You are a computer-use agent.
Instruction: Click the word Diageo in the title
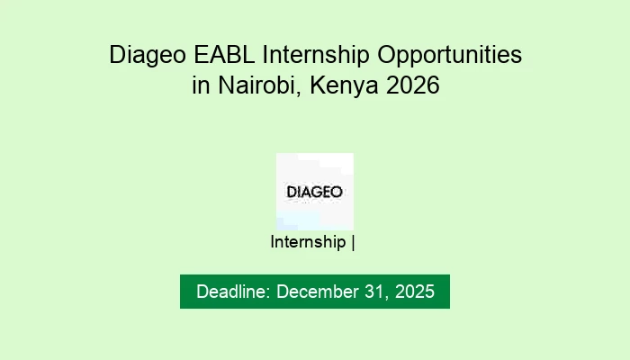pos(145,55)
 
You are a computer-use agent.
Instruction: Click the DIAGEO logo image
pos(314,191)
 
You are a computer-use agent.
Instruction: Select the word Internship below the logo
pos(308,242)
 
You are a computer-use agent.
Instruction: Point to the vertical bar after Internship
pos(355,242)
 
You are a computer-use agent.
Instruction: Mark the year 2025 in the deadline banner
pos(415,292)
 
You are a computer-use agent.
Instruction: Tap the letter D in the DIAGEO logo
pos(291,192)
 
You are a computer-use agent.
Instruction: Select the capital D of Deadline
pos(202,292)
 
